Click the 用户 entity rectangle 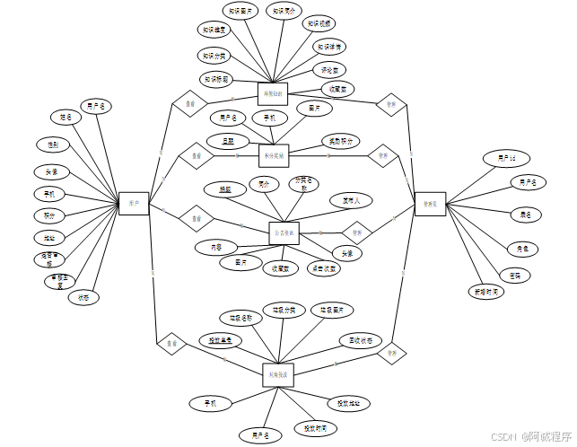[x=134, y=204]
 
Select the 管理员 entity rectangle [x=429, y=204]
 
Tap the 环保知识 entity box [x=272, y=93]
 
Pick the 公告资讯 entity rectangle [x=284, y=232]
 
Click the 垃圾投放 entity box [x=278, y=374]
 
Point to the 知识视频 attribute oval [x=319, y=24]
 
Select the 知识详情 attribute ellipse [x=329, y=46]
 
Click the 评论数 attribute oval [x=328, y=69]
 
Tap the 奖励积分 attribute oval [x=340, y=142]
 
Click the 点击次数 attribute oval [x=323, y=267]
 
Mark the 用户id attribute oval [x=507, y=159]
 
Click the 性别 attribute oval [x=54, y=144]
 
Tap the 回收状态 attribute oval [x=361, y=341]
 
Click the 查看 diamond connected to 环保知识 [x=189, y=103]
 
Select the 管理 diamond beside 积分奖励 [x=382, y=155]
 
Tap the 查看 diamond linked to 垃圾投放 [x=170, y=343]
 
